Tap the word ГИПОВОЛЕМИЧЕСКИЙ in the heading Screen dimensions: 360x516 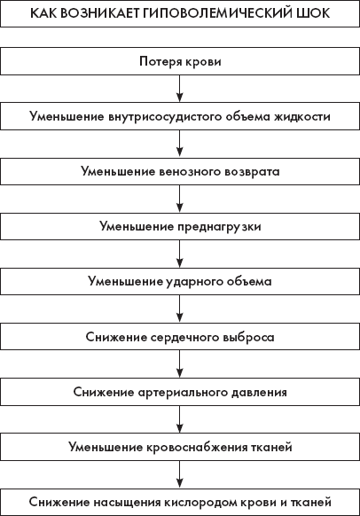(x=218, y=13)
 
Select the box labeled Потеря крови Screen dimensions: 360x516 (x=180, y=61)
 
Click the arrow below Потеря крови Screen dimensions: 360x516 (x=179, y=88)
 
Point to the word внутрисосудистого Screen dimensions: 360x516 (x=165, y=117)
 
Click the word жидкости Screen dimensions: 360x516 (x=302, y=116)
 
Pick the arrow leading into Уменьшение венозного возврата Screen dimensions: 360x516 (x=179, y=143)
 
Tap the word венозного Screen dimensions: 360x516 (x=190, y=172)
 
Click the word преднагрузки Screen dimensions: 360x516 (x=219, y=227)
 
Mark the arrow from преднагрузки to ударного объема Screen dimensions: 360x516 (x=179, y=254)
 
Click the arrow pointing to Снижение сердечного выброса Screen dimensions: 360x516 (x=179, y=309)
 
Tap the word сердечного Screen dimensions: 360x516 (x=185, y=337)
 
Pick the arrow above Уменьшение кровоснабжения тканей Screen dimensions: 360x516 (x=179, y=419)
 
